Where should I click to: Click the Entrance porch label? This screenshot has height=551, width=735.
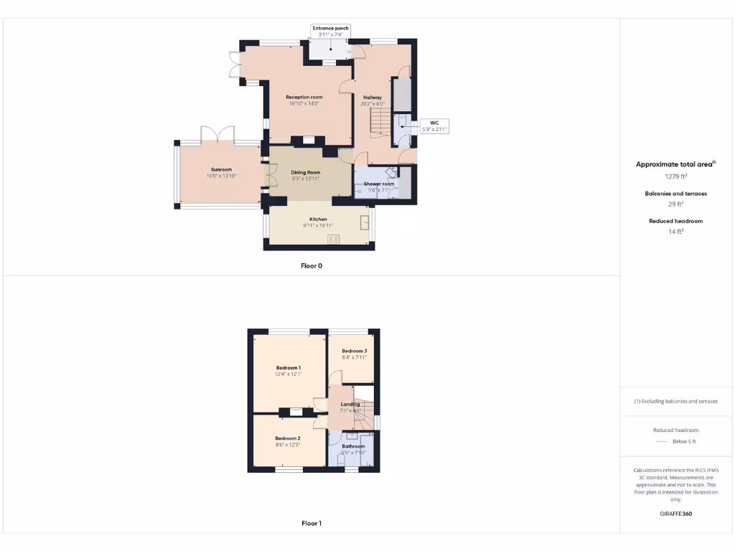pyautogui.click(x=330, y=28)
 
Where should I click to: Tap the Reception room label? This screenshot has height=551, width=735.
pyautogui.click(x=304, y=97)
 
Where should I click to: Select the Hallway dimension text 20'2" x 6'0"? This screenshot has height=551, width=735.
pyautogui.click(x=372, y=104)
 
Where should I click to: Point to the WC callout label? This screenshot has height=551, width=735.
pyautogui.click(x=434, y=123)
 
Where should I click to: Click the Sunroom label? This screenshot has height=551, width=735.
pyautogui.click(x=221, y=169)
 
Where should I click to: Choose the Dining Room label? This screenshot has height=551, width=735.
pyautogui.click(x=305, y=172)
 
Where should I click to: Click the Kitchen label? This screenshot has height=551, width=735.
pyautogui.click(x=318, y=219)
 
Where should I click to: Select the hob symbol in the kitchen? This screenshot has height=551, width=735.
pyautogui.click(x=333, y=239)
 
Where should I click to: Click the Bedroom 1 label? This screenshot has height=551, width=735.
pyautogui.click(x=289, y=367)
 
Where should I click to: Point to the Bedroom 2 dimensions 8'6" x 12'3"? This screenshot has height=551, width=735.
pyautogui.click(x=288, y=445)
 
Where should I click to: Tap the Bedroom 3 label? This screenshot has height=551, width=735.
pyautogui.click(x=354, y=351)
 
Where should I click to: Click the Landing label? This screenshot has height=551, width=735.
pyautogui.click(x=350, y=404)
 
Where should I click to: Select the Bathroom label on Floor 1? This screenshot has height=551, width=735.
pyautogui.click(x=353, y=446)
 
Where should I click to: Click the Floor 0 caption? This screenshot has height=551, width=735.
pyautogui.click(x=311, y=265)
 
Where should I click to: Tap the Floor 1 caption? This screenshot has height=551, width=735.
pyautogui.click(x=311, y=523)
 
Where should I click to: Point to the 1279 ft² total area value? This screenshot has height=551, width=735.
pyautogui.click(x=675, y=176)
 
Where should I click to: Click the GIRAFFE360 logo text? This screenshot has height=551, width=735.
pyautogui.click(x=675, y=514)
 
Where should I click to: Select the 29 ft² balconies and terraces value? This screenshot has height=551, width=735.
pyautogui.click(x=675, y=204)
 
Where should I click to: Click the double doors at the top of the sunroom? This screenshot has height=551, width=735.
pyautogui.click(x=217, y=135)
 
